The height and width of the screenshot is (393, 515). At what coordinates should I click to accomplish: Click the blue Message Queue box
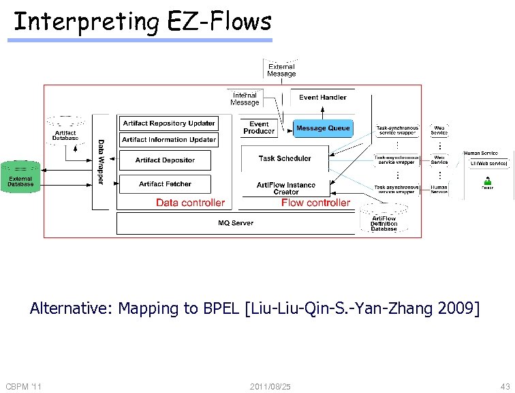pyautogui.click(x=323, y=128)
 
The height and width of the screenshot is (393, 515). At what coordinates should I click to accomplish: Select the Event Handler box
pyautogui.click(x=323, y=98)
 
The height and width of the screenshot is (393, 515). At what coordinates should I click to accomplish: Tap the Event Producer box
pyautogui.click(x=259, y=128)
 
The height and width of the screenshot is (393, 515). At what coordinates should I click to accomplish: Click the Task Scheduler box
pyautogui.click(x=285, y=158)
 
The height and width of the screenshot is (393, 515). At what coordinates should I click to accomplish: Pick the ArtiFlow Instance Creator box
pyautogui.click(x=286, y=188)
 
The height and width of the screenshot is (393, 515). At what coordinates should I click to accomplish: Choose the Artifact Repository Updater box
pyautogui.click(x=168, y=123)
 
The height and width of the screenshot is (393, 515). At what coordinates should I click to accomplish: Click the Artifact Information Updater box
pyautogui.click(x=168, y=140)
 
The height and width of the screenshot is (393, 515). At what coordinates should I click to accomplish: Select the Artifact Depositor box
pyautogui.click(x=165, y=160)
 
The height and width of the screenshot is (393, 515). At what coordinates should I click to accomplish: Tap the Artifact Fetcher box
pyautogui.click(x=165, y=184)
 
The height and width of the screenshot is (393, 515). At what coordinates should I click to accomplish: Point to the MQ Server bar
pyautogui.click(x=236, y=223)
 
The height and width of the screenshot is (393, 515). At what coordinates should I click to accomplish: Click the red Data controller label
pyautogui.click(x=190, y=203)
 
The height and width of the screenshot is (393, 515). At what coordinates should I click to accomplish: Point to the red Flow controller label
pyautogui.click(x=315, y=203)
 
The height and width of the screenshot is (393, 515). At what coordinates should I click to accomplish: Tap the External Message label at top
pyautogui.click(x=281, y=70)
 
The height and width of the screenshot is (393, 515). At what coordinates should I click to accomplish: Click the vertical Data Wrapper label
pyautogui.click(x=101, y=162)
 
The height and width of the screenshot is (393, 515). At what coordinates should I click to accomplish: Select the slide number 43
pyautogui.click(x=504, y=387)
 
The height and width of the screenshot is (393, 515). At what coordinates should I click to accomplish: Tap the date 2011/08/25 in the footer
pyautogui.click(x=270, y=387)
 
